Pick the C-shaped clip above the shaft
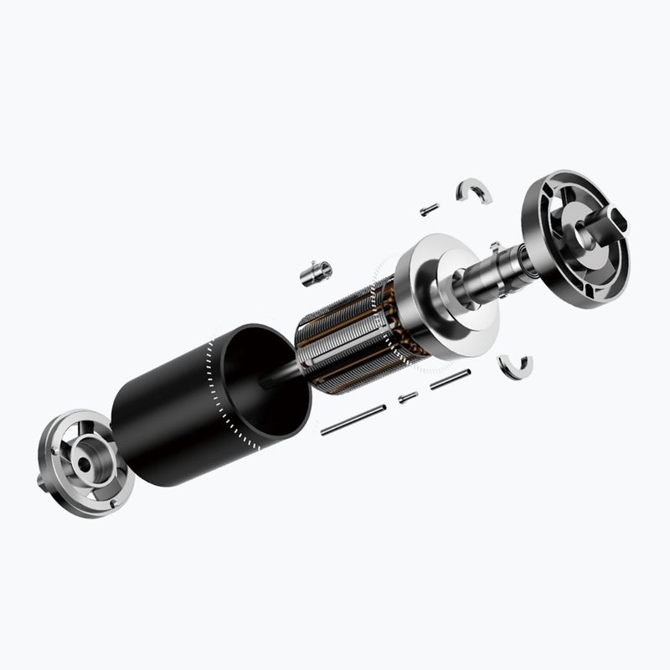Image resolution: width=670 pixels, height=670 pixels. pyautogui.click(x=474, y=193)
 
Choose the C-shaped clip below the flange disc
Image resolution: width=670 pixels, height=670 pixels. pyautogui.click(x=514, y=366)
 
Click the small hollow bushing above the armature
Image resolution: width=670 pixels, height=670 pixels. pyautogui.click(x=316, y=272)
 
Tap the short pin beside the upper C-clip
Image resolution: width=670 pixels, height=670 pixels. pyautogui.click(x=430, y=209)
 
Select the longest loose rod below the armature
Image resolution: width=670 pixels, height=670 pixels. pyautogui.click(x=353, y=420)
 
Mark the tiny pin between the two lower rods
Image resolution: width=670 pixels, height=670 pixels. pyautogui.click(x=408, y=397)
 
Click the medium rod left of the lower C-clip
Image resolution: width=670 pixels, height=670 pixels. pyautogui.click(x=450, y=379)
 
